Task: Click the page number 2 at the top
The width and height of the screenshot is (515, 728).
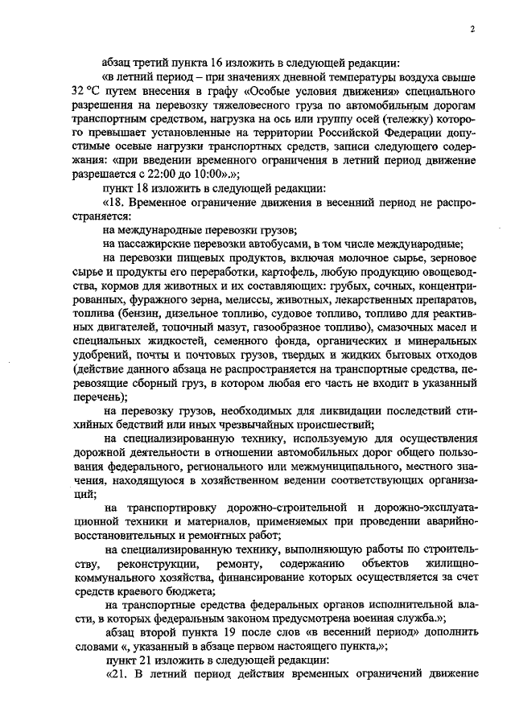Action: coord(475,30)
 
